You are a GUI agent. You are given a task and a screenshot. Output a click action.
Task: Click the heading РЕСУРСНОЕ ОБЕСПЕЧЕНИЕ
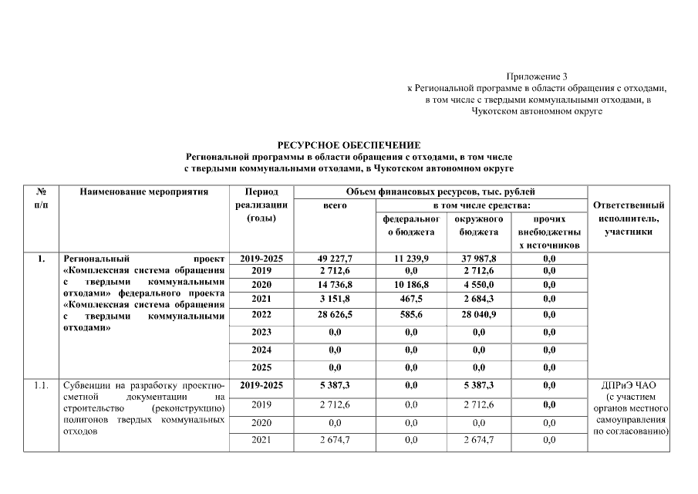(349, 145)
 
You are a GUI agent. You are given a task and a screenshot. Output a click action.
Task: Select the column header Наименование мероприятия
(144, 191)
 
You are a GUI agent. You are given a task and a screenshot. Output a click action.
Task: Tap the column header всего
(335, 205)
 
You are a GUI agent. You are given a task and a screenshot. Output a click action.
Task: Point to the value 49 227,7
(335, 259)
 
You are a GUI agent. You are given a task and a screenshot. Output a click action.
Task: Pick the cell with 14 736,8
(335, 284)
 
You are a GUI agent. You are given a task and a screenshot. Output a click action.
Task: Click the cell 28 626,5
(335, 315)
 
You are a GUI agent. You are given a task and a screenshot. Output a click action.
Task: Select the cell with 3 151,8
(335, 297)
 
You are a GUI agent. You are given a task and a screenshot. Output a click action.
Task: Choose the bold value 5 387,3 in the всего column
(335, 384)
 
